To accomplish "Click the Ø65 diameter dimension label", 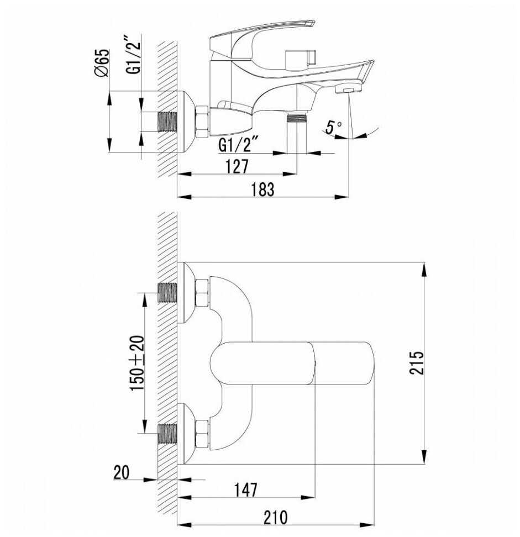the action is tap(102, 62).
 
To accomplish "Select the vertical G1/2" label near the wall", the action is tap(134, 54).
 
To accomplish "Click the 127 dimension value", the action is tap(237, 166).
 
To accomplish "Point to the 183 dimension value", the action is tap(262, 189).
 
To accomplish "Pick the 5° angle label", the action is tap(333, 127).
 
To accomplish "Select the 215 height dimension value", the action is tap(417, 362).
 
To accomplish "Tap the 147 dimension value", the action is tap(245, 490).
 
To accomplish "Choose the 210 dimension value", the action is tap(275, 518).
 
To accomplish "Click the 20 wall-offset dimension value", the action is tap(122, 473).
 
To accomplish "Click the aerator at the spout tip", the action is tap(348, 89).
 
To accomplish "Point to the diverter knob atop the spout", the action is tap(300, 59).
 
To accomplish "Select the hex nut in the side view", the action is tap(202, 122).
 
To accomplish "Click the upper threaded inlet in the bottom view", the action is tap(167, 293).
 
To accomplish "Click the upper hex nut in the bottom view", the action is tap(202, 293).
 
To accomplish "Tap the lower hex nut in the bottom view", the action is tap(202, 434).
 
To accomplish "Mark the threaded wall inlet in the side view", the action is tap(167, 122).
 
